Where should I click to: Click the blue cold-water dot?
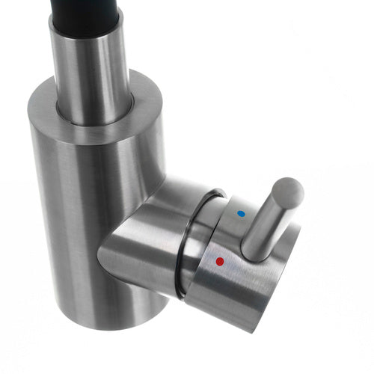click(x=239, y=214)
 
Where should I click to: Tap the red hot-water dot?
click(x=219, y=262)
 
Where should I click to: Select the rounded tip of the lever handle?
click(x=288, y=191)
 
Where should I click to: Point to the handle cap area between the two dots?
click(x=228, y=238)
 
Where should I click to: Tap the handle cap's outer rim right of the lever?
click(x=295, y=239)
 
